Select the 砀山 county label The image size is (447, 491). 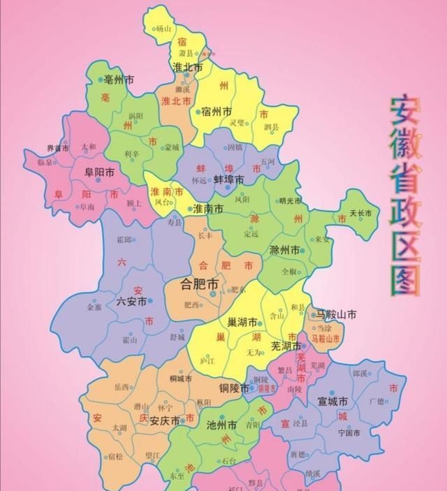163,29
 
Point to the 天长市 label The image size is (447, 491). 361,213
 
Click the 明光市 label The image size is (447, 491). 291,202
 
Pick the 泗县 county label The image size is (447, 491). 271,127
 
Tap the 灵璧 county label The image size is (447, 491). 236,123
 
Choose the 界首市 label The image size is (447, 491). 58,148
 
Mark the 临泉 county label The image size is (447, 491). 45,161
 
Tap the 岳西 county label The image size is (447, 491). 122,386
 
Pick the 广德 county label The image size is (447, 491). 376,401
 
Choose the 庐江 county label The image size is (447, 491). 207,361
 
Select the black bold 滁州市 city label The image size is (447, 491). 285,250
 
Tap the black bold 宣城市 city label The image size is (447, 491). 332,402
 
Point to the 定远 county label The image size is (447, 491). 251,234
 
